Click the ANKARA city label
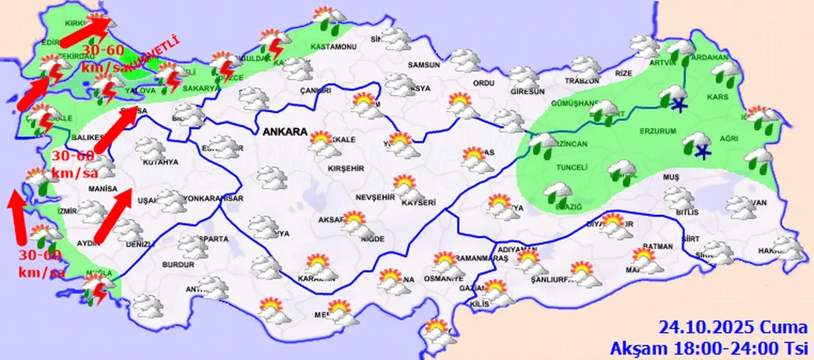click(284, 132)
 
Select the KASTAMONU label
click(333, 47)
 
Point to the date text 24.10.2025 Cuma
click(733, 328)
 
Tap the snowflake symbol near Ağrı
click(702, 151)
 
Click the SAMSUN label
click(424, 65)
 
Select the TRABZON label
click(582, 81)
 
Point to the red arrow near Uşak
click(114, 216)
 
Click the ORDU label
click(484, 83)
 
